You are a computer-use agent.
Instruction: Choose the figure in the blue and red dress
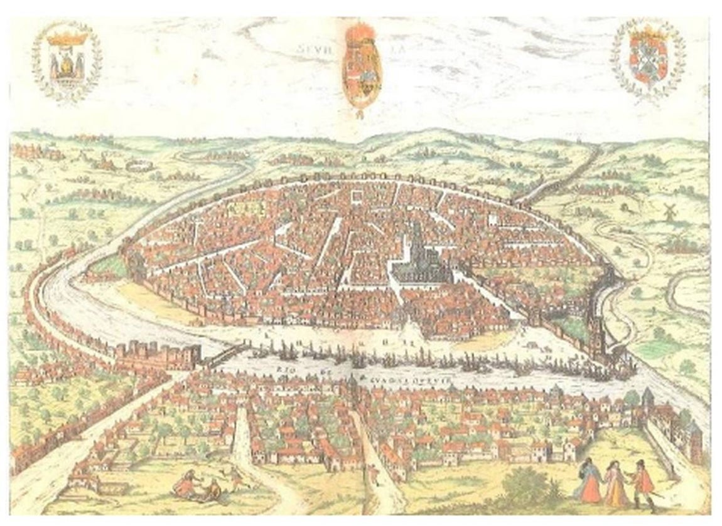[x=590, y=480]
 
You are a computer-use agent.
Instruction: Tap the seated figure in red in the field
[x=185, y=483]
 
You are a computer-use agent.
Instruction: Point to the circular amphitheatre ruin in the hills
[x=135, y=166]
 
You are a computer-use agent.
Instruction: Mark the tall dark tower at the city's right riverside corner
[x=594, y=332]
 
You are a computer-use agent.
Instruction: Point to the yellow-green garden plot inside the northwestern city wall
[x=237, y=206]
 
